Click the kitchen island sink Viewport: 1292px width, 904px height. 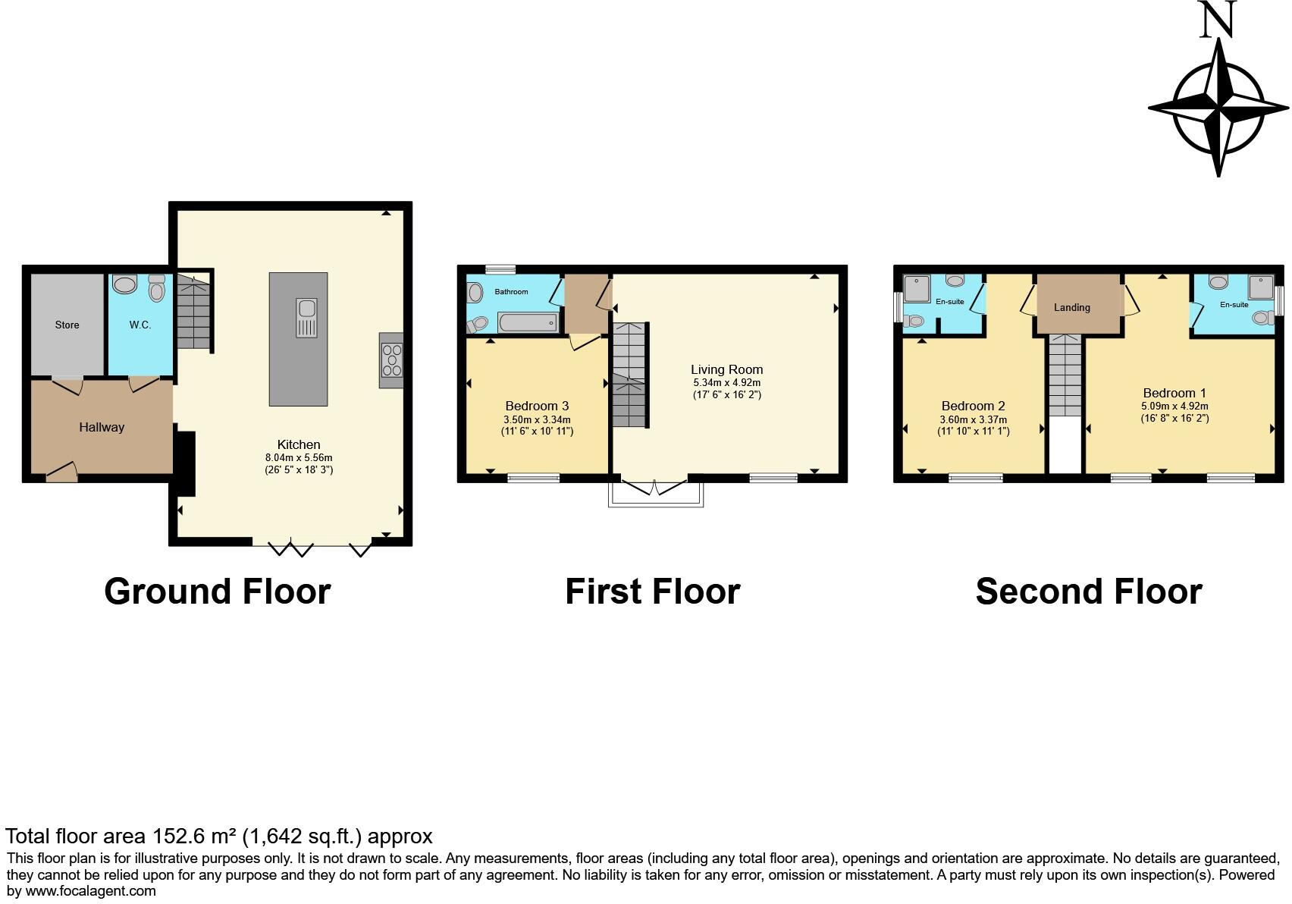pos(307,319)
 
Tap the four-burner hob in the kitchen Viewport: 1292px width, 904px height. pos(392,360)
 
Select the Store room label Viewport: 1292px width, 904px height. pos(67,325)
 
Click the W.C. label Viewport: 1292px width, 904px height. pos(140,325)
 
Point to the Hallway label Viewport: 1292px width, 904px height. pos(102,427)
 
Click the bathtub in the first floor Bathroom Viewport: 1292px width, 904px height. pos(528,324)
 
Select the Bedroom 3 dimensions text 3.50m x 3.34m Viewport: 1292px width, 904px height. pos(537,419)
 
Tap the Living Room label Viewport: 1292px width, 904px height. pos(726,369)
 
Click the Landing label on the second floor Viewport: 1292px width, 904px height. pos(1071,307)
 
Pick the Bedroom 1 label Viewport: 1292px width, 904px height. pos(1174,393)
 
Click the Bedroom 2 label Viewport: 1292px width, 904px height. pos(973,406)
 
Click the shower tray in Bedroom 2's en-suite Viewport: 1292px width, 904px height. pos(918,289)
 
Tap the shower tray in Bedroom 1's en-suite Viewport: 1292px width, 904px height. pos(1260,287)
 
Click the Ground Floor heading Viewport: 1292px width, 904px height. pos(218,592)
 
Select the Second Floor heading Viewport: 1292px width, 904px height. pos(1089,592)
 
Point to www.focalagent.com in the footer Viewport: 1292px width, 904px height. pos(91,891)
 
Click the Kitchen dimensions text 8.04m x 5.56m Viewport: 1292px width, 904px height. pos(299,458)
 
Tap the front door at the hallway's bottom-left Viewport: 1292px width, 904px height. pos(61,473)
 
